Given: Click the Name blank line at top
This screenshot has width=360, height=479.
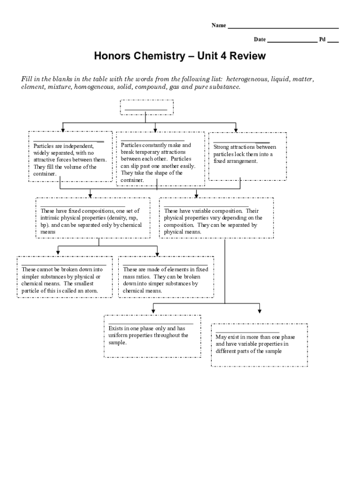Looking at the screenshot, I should [x=283, y=28].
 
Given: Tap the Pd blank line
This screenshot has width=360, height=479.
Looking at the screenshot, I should [x=333, y=42].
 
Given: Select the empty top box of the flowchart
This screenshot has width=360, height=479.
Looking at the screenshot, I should [x=147, y=107].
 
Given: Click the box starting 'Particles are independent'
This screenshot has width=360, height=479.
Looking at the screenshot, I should [x=70, y=156].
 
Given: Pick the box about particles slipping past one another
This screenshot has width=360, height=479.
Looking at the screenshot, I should [x=160, y=159].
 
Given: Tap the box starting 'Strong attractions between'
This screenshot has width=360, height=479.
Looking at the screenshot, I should [x=247, y=156].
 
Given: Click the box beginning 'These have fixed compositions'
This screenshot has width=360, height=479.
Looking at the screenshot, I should [x=93, y=218].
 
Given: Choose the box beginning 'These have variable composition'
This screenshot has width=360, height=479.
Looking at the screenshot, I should [x=216, y=218].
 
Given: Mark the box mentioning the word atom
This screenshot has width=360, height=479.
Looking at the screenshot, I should [x=65, y=277].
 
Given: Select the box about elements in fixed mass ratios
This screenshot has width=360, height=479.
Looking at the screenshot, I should [x=166, y=277].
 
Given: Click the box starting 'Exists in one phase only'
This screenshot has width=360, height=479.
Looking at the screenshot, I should [x=152, y=336].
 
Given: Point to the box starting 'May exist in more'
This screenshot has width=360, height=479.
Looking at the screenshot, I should [x=259, y=345].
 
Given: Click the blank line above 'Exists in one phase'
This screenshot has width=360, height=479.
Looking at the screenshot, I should [x=151, y=323].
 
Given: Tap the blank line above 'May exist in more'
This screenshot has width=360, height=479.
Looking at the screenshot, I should [x=247, y=332].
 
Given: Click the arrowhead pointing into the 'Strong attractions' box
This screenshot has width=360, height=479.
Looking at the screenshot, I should [x=236, y=129].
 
